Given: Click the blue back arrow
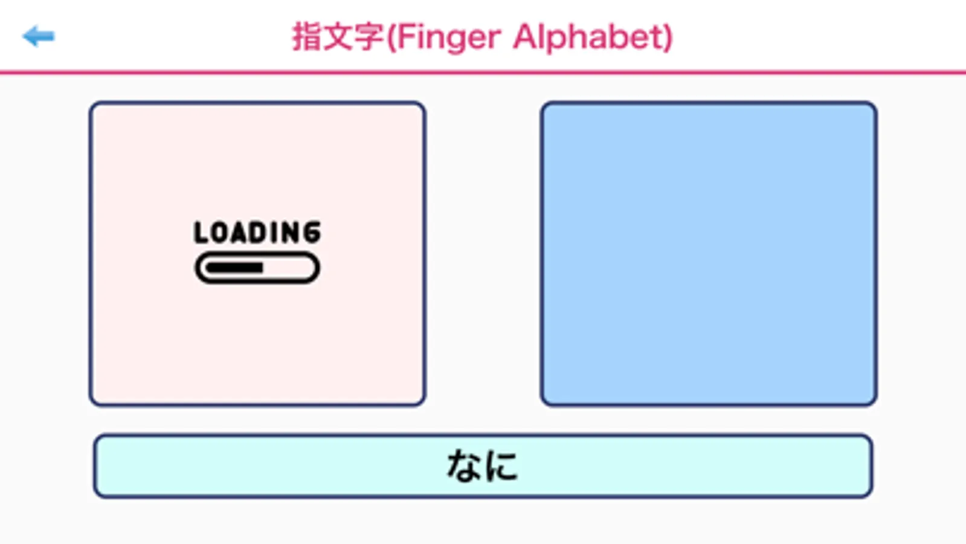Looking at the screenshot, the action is (39, 36).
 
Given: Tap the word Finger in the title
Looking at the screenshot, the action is (448, 39).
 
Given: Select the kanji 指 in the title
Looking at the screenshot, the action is (308, 37).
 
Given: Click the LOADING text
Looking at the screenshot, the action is (257, 232).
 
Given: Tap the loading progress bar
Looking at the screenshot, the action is (257, 268).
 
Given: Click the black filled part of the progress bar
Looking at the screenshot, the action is (234, 268).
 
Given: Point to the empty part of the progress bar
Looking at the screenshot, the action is (288, 268).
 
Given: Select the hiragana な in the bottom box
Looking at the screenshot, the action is (464, 465).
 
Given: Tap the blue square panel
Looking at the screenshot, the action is (709, 254).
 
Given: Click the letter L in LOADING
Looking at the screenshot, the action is (201, 232).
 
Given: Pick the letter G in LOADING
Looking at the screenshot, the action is (312, 232).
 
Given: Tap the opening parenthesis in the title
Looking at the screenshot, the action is (391, 38).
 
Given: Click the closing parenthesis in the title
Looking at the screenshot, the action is (668, 38).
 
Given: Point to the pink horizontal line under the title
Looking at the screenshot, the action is (483, 72).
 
